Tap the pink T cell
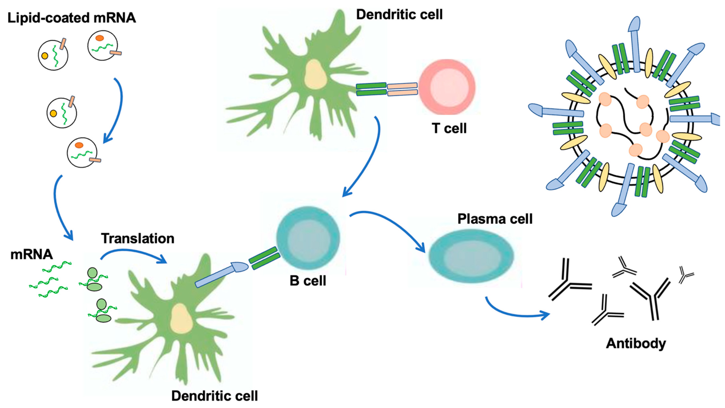[447, 87]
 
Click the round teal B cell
[308, 238]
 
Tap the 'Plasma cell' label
[495, 219]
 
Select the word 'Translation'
[138, 239]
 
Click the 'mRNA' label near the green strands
[31, 255]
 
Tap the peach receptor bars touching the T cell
[402, 89]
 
